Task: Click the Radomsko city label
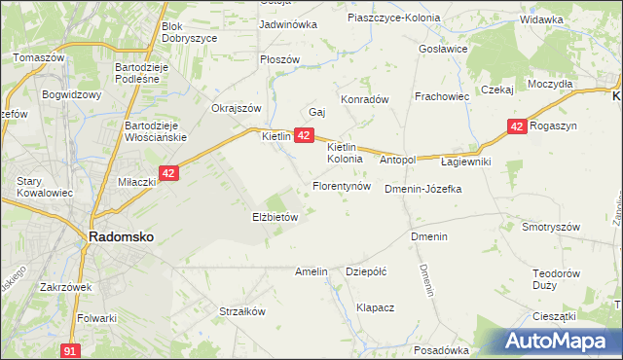click(121, 236)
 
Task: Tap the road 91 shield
click(69, 350)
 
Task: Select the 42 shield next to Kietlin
click(304, 135)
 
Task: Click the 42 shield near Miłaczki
click(169, 173)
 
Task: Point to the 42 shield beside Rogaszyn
click(516, 126)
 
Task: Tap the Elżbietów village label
click(275, 218)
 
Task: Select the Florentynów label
click(342, 185)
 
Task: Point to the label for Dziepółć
click(367, 272)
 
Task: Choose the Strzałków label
click(242, 312)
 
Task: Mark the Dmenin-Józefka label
click(422, 189)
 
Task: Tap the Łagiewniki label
click(465, 162)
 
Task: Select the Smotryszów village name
click(550, 227)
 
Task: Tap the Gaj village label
click(316, 112)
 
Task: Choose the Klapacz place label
click(375, 307)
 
